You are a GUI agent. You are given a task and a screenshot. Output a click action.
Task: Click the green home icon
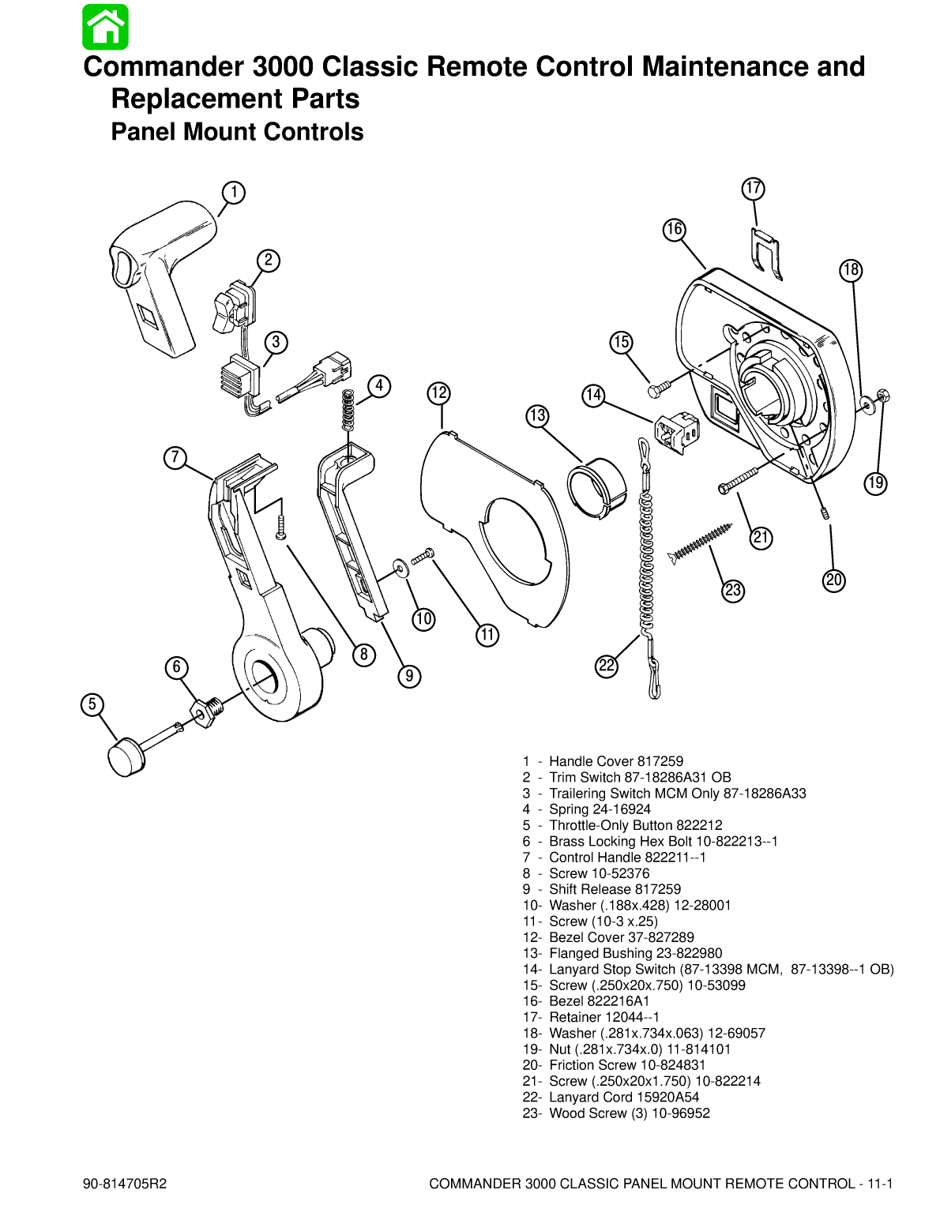pos(105,27)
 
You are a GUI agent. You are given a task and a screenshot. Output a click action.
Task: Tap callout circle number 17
pos(754,188)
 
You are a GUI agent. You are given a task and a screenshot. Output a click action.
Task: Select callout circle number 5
pos(92,704)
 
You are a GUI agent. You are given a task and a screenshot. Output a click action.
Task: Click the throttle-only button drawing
pos(126,756)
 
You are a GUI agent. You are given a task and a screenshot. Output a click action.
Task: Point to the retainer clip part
pos(765,253)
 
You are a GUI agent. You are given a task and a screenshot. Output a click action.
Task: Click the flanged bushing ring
pos(596,487)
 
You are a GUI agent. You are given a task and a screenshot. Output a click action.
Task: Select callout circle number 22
pos(607,666)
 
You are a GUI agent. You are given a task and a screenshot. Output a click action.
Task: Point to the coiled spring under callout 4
pos(347,411)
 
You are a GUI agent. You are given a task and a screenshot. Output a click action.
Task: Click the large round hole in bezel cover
pos(513,542)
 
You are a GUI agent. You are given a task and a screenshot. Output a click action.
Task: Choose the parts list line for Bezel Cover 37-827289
pos(608,937)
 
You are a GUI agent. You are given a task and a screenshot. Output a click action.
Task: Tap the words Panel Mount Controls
pos(237,132)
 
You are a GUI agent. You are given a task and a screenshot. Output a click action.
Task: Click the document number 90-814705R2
pos(125,1184)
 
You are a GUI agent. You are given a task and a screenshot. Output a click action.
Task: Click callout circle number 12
pos(439,392)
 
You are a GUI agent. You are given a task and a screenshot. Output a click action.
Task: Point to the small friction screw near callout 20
pos(824,514)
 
